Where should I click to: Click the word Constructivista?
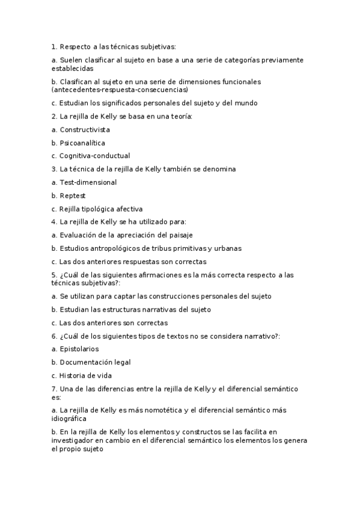(85, 129)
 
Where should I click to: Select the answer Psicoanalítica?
(82, 143)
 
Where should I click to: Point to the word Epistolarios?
(79, 349)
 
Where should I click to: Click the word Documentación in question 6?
(86, 362)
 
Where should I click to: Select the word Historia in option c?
(73, 375)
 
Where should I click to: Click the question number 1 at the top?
(54, 46)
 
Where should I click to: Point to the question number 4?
(54, 222)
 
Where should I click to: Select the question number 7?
(54, 389)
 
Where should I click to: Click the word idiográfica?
(69, 419)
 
